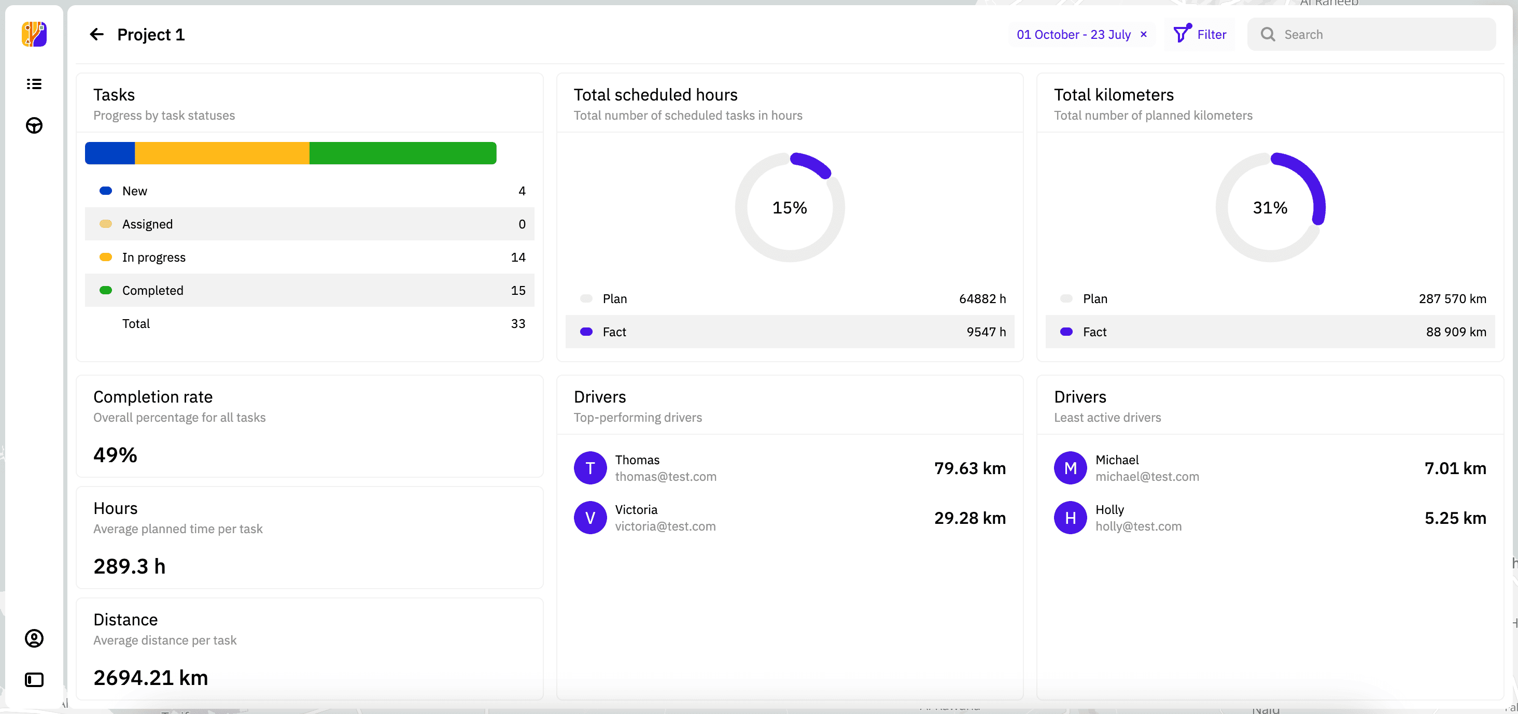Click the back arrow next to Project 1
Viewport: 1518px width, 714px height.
point(96,35)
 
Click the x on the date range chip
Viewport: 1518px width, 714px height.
point(1143,34)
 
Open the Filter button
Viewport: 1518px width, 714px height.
point(1199,35)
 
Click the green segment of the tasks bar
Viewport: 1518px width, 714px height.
point(402,153)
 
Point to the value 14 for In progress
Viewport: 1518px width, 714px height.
point(517,258)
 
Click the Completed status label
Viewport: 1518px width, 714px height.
point(152,291)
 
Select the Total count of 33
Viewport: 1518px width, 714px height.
point(517,323)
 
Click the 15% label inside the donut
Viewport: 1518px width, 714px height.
point(789,208)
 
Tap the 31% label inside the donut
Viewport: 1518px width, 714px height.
point(1269,208)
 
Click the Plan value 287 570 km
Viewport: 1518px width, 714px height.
point(1452,298)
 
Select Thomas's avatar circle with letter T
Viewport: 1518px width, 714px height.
point(590,468)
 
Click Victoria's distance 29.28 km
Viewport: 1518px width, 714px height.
point(969,518)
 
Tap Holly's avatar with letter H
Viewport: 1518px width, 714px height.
point(1070,518)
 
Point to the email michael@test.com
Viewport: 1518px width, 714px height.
point(1147,477)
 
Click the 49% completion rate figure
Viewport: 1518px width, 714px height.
point(116,455)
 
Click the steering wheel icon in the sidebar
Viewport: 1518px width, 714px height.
point(34,125)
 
